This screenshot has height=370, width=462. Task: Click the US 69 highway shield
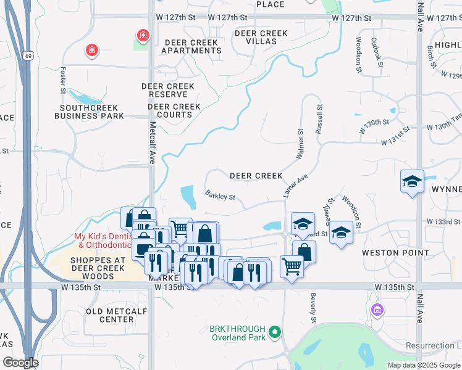click(x=28, y=55)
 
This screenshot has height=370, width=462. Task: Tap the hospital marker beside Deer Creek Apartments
click(x=143, y=36)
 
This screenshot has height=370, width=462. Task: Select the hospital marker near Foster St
click(x=91, y=49)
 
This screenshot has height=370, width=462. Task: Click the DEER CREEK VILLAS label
click(x=261, y=38)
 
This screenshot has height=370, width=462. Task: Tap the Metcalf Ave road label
click(x=152, y=142)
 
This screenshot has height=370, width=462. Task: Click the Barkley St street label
click(x=220, y=196)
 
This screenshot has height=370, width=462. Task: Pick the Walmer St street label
click(x=300, y=144)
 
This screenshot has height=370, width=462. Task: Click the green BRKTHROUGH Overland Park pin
click(x=274, y=334)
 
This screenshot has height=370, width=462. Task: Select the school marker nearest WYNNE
click(x=412, y=181)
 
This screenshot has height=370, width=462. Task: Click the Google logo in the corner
click(x=20, y=363)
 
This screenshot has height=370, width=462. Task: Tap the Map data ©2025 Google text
click(x=424, y=365)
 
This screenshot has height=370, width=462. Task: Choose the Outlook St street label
click(x=376, y=53)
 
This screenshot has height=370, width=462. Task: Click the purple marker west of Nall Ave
click(x=377, y=308)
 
